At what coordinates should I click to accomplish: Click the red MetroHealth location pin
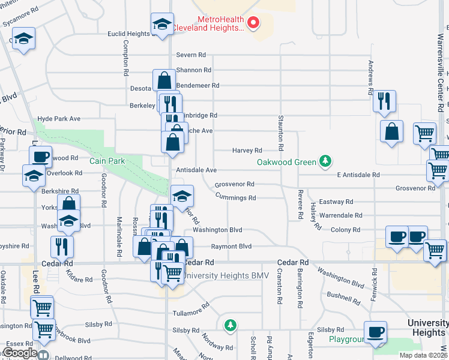click(x=253, y=23)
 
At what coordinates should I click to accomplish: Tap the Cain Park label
click(x=106, y=161)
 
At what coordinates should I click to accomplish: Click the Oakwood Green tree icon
click(x=325, y=161)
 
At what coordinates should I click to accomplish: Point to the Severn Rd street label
click(x=191, y=55)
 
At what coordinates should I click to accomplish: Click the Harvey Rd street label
click(x=247, y=151)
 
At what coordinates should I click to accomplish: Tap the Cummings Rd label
click(x=235, y=197)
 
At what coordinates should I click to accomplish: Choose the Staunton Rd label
click(x=280, y=133)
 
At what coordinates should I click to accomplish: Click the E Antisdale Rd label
click(x=358, y=175)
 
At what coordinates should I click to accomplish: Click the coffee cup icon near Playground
click(x=376, y=332)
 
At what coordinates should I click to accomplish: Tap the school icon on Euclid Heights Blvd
click(x=162, y=24)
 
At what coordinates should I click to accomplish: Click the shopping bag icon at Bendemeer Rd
click(x=163, y=80)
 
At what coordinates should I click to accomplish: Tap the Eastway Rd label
click(x=336, y=202)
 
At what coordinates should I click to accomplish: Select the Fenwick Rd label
click(x=374, y=289)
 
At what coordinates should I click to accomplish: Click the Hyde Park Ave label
click(x=59, y=119)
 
